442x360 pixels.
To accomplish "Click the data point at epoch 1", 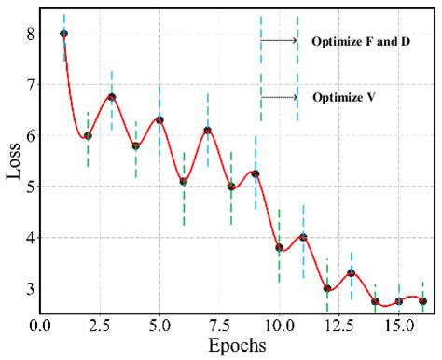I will pyautogui.click(x=63, y=34).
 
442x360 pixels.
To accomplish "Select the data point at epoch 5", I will pyautogui.click(x=159, y=119).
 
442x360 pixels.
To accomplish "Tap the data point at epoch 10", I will pyautogui.click(x=280, y=247).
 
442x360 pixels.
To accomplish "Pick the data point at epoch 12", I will pyautogui.click(x=327, y=288).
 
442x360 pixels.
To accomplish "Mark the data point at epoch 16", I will pyautogui.click(x=422, y=300).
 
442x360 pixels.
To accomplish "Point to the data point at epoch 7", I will pyautogui.click(x=207, y=131).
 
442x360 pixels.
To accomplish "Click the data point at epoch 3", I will pyautogui.click(x=112, y=97).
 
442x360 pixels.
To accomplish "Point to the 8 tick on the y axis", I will pyautogui.click(x=31, y=34).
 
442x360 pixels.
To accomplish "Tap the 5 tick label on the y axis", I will pyautogui.click(x=31, y=187).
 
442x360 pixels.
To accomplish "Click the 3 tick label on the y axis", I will pyautogui.click(x=31, y=288).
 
